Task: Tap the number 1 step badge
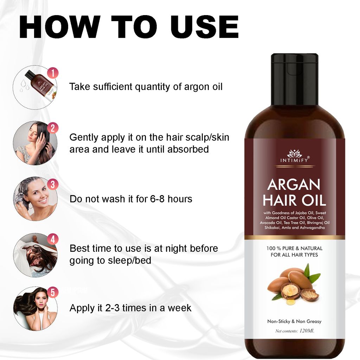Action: point(53,73)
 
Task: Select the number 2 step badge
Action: point(53,128)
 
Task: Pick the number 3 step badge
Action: point(53,184)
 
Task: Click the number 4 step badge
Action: point(53,240)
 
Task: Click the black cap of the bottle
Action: point(294,79)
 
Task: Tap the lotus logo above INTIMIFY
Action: point(294,154)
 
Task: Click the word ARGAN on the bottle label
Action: point(294,185)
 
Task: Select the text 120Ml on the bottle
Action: point(309,330)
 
